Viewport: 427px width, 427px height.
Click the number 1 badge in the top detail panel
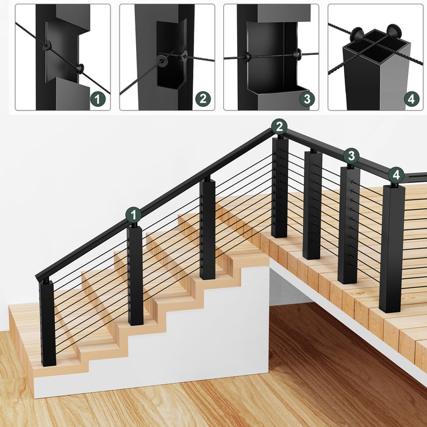pos(98,99)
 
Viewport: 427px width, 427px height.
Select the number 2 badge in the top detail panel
pos(203,99)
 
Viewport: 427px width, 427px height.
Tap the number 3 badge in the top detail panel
pos(307,99)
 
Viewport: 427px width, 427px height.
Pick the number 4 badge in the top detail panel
pos(412,99)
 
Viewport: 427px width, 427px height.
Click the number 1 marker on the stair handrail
pos(134,215)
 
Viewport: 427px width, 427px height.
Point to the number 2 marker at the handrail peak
pos(279,127)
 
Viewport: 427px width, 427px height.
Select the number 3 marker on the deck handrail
pos(351,156)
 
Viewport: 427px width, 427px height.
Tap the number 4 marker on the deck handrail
pos(396,175)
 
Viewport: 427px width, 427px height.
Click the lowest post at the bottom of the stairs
pos(48,322)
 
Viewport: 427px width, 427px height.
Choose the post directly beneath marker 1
pos(135,274)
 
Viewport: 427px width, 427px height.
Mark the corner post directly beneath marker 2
pos(279,187)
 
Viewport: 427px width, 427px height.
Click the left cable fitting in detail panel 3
pos(248,57)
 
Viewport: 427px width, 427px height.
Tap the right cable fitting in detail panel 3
pos(299,54)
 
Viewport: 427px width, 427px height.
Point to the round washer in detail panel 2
pos(161,61)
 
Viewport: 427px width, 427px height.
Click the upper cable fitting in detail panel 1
pos(47,46)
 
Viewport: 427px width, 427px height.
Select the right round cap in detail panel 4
pos(393,31)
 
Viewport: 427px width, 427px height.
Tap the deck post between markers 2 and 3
pos(312,204)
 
